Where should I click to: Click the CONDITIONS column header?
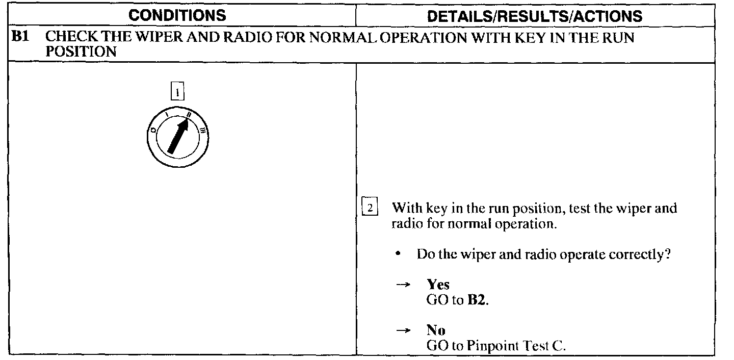coord(177,15)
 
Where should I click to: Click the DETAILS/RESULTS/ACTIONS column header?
coord(535,16)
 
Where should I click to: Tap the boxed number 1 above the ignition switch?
coord(177,92)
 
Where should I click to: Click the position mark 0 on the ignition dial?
coord(152,131)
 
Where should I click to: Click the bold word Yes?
coord(438,285)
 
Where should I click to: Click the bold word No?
coord(436,330)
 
